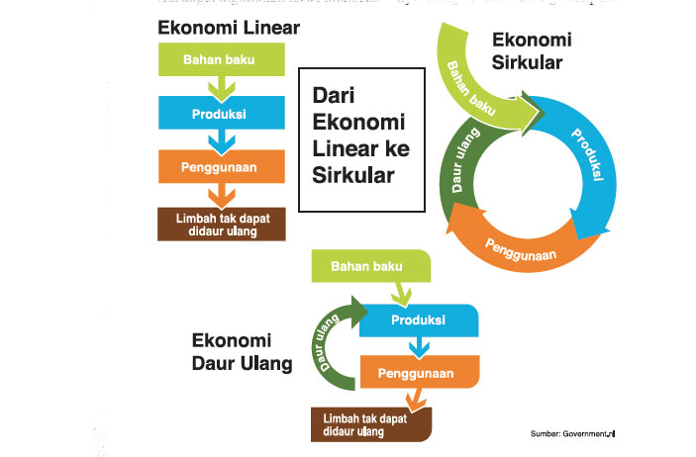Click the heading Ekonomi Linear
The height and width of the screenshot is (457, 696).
pyautogui.click(x=229, y=29)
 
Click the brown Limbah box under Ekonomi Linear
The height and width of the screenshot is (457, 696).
pyautogui.click(x=222, y=225)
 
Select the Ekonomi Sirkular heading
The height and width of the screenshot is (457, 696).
pyautogui.click(x=533, y=51)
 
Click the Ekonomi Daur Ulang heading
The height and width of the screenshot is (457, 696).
pyautogui.click(x=242, y=351)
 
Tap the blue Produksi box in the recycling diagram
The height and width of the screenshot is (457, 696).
pyautogui.click(x=419, y=320)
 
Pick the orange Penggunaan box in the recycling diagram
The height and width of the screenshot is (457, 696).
pyautogui.click(x=419, y=373)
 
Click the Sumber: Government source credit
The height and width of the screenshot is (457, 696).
pyautogui.click(x=572, y=433)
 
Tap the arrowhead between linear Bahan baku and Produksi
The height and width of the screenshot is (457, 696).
pyautogui.click(x=222, y=89)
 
